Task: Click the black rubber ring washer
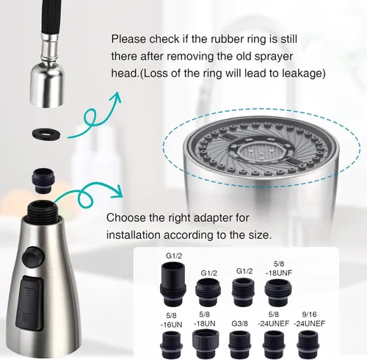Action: tap(46, 133)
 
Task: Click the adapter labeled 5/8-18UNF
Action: tap(278, 292)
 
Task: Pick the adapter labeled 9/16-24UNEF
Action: tap(309, 345)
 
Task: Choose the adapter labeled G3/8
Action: tap(239, 345)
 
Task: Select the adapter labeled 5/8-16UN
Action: tap(172, 345)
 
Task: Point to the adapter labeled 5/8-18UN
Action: tap(206, 345)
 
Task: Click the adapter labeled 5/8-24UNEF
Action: tap(274, 345)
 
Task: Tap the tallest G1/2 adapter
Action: tap(174, 284)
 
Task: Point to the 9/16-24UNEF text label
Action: tap(309, 319)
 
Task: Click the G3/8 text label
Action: tap(239, 323)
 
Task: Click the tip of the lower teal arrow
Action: tap(122, 197)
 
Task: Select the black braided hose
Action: tap(49, 16)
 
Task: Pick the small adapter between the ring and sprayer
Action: tap(43, 181)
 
